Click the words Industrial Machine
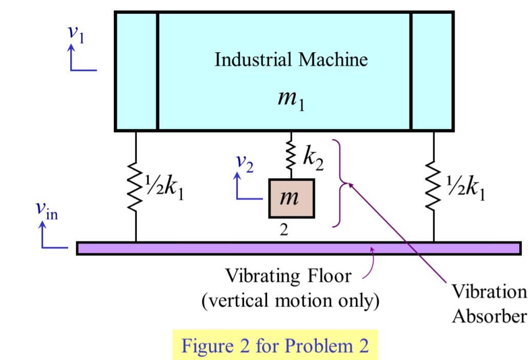click(291, 60)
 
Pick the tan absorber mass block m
click(291, 198)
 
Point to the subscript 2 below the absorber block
click(284, 229)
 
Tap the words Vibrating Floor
click(288, 277)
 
